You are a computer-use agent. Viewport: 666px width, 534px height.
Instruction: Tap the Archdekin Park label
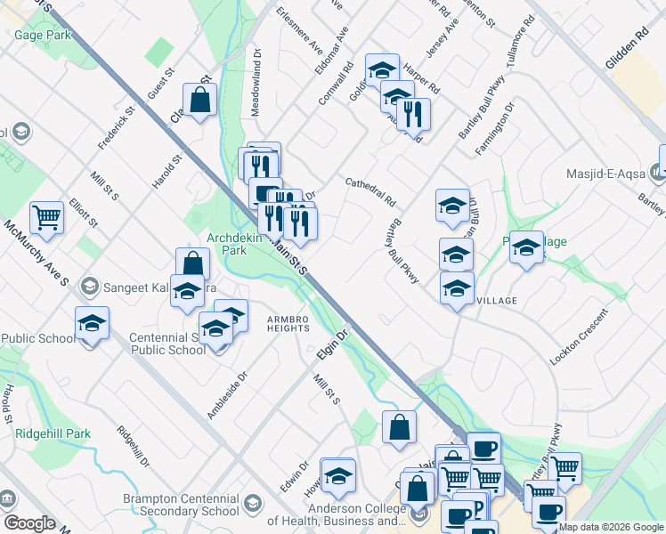[x=240, y=244]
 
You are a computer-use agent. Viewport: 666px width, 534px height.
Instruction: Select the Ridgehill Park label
[x=53, y=434]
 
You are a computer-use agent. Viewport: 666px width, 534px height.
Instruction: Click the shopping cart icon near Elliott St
[x=46, y=214]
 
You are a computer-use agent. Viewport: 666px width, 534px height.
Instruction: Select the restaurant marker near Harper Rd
[x=413, y=113]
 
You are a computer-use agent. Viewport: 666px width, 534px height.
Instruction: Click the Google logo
[x=29, y=523]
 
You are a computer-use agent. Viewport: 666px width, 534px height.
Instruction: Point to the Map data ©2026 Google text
[x=611, y=527]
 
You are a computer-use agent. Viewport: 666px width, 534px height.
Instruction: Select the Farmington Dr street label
[x=495, y=130]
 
